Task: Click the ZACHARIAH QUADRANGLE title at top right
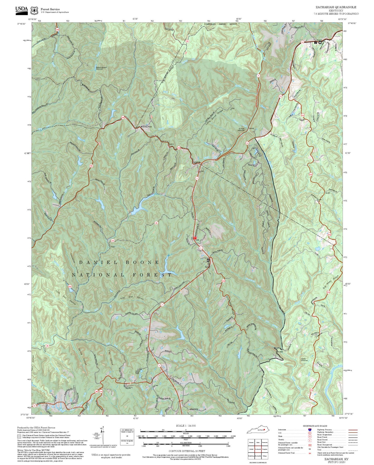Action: click(x=336, y=7)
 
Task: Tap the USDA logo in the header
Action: click(x=21, y=9)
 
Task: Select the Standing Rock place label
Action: click(x=146, y=127)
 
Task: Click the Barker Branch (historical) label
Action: click(x=101, y=68)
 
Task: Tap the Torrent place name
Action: click(x=251, y=128)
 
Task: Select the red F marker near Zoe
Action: click(x=195, y=238)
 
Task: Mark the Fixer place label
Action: click(x=113, y=247)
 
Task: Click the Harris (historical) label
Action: click(x=304, y=360)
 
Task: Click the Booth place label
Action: click(x=327, y=193)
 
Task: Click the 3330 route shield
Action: click(x=223, y=281)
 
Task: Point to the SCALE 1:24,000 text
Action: click(x=186, y=426)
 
